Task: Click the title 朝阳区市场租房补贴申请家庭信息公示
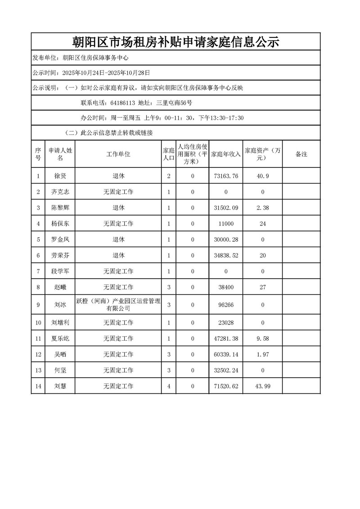coord(176,42)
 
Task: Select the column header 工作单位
coord(118,154)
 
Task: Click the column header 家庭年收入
coord(225,154)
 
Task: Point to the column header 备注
coord(301,154)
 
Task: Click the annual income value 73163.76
coord(225,176)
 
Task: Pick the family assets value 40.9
coord(263,176)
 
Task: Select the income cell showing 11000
coord(225,224)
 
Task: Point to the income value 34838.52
coord(225,255)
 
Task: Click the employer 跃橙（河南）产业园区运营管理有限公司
coord(118,305)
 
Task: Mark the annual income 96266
coord(225,305)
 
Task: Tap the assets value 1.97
coord(263,354)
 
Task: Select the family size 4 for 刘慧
coord(169,386)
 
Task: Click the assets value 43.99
coord(263,386)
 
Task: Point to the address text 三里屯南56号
coord(174,103)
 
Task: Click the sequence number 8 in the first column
coord(38,287)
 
